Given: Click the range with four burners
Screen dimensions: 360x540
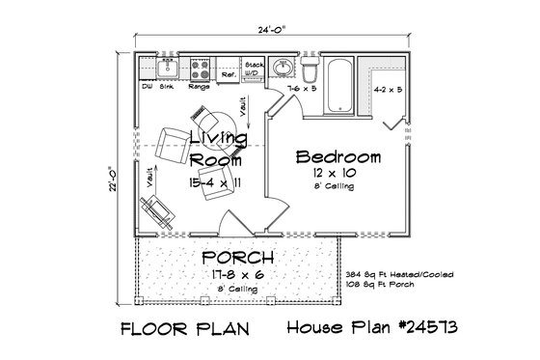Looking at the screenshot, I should coord(201,69).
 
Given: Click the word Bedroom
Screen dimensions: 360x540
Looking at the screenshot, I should coord(337,156).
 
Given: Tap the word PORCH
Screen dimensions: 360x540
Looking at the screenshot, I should coord(237,258).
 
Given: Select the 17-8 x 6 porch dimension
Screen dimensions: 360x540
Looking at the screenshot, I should coord(237,274).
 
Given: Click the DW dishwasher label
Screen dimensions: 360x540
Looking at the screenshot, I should coord(148,86).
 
